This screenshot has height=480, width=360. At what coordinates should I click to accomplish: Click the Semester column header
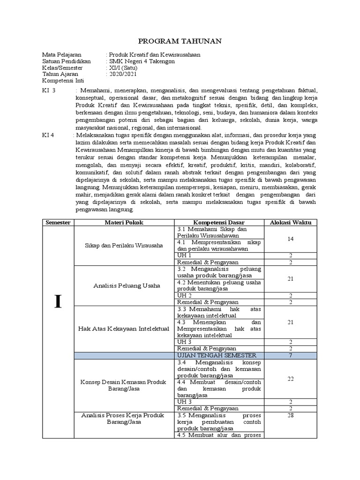(58, 222)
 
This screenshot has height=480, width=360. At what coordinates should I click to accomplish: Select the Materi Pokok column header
(124, 222)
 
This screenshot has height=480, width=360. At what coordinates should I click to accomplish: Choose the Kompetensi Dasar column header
(218, 222)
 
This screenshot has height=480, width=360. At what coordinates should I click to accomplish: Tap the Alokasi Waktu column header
(291, 222)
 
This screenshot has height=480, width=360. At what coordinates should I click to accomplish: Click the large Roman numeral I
(58, 302)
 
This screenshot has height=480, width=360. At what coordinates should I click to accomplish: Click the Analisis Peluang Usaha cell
(124, 285)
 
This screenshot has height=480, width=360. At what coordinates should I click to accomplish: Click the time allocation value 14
(291, 239)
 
